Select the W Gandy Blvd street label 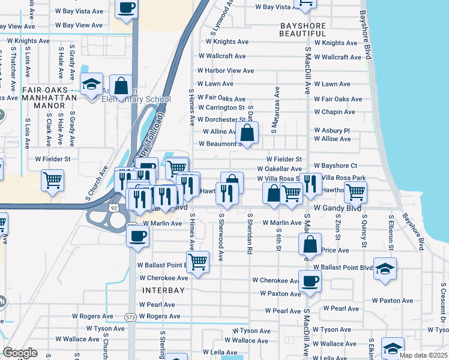[337, 207]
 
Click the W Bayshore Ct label [339, 166]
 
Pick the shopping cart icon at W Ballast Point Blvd [197, 262]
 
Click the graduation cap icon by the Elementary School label [91, 84]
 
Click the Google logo [20, 353]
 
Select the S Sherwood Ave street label [221, 237]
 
